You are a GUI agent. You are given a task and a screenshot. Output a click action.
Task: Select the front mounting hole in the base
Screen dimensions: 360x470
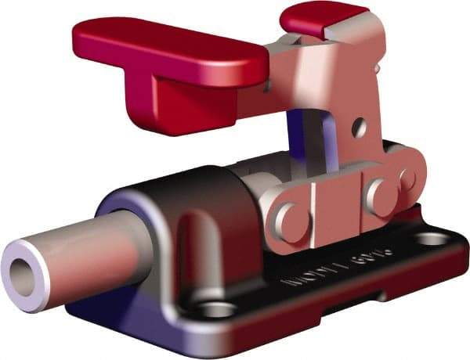[216, 311]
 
